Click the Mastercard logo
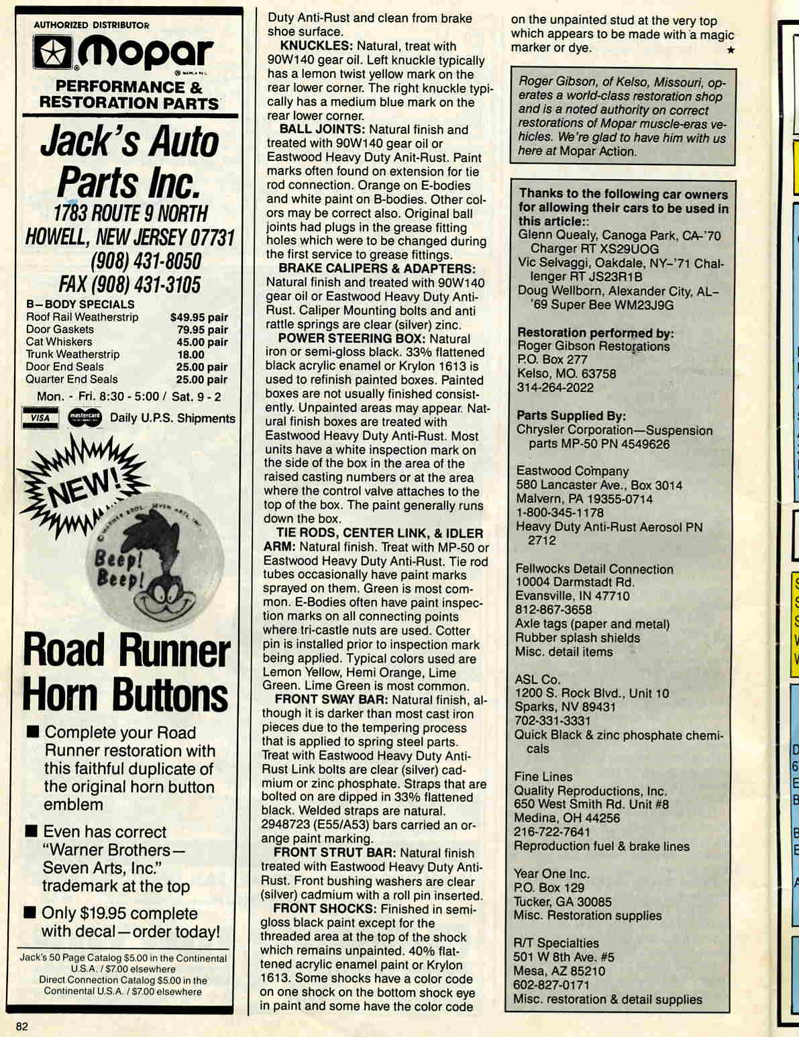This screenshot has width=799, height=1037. tap(85, 417)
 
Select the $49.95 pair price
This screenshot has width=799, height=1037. tap(199, 317)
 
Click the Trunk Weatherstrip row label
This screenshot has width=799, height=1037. tap(72, 354)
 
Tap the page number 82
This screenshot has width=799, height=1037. tap(21, 1026)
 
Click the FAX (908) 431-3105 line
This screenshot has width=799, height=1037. tap(129, 285)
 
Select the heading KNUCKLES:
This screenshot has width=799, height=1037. tap(316, 46)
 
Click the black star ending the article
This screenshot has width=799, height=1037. tap(731, 50)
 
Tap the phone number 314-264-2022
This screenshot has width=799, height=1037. tap(555, 387)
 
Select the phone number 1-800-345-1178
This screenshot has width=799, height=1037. tap(560, 513)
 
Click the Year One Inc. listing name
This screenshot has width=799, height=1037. tap(551, 874)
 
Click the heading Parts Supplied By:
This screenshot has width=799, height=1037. tap(571, 416)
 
